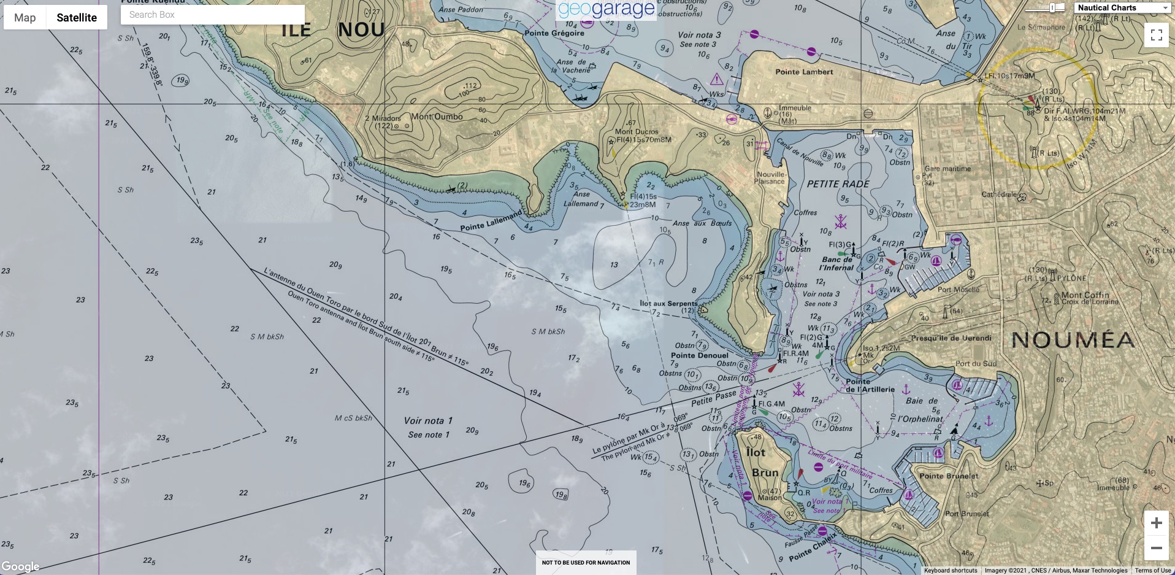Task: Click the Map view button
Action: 25,18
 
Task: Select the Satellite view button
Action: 77,18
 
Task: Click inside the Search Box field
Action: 212,15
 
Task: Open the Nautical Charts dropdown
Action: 1123,8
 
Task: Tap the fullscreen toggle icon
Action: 1157,35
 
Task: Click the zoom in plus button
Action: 1157,523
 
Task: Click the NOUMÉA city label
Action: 1073,340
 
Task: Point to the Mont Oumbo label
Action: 437,117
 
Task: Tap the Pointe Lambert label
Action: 804,72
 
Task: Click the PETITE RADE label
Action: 838,184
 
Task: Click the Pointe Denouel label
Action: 699,355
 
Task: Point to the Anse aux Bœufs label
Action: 702,223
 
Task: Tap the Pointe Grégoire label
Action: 554,33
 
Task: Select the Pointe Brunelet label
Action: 949,476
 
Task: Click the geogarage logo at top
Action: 607,9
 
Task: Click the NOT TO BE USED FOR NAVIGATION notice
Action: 586,562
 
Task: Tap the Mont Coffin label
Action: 1085,295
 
